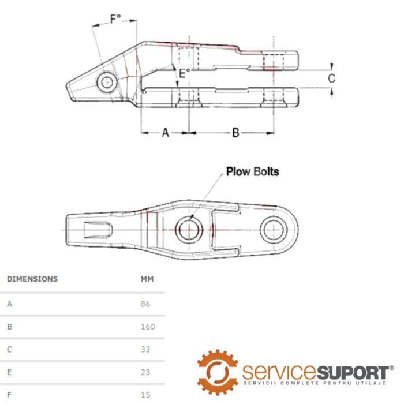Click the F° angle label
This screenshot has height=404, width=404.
(115, 18)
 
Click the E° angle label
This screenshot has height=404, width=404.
(184, 73)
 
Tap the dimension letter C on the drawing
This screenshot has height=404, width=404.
(331, 78)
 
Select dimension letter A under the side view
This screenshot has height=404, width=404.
(165, 133)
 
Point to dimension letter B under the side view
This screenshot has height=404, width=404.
(235, 133)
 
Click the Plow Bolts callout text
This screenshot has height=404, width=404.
(252, 171)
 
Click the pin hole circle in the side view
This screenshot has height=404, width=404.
(106, 82)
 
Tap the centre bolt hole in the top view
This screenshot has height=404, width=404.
(188, 229)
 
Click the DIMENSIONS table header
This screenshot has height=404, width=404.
(32, 279)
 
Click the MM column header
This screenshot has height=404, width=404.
(147, 279)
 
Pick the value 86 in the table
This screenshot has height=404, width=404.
(145, 303)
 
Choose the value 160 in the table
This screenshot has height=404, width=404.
(148, 326)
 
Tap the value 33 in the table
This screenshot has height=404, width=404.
(145, 349)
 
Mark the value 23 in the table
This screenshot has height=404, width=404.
(145, 372)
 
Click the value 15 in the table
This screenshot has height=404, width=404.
(145, 395)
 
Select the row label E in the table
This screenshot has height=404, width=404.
(9, 372)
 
